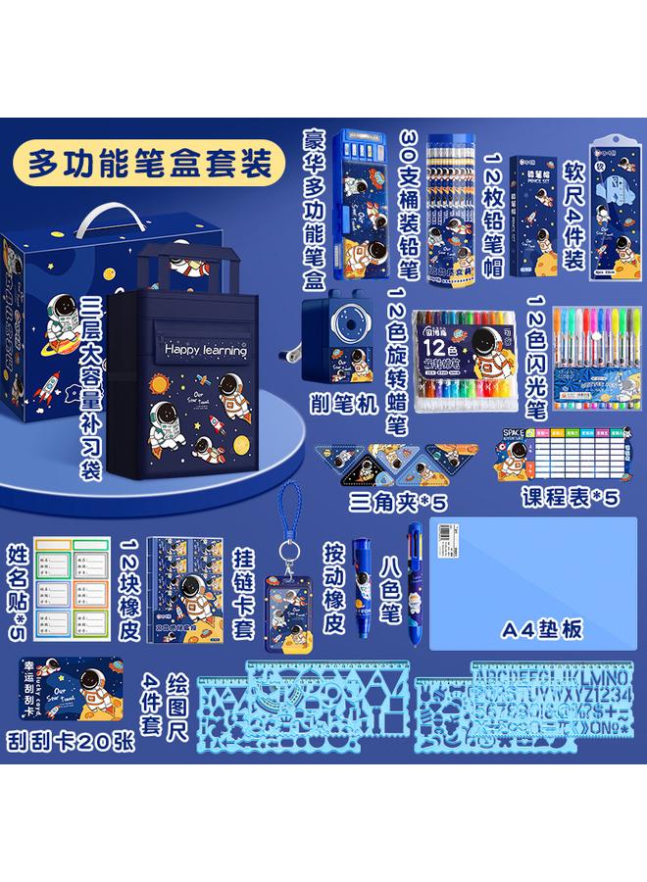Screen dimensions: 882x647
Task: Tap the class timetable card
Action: coord(570,457)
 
